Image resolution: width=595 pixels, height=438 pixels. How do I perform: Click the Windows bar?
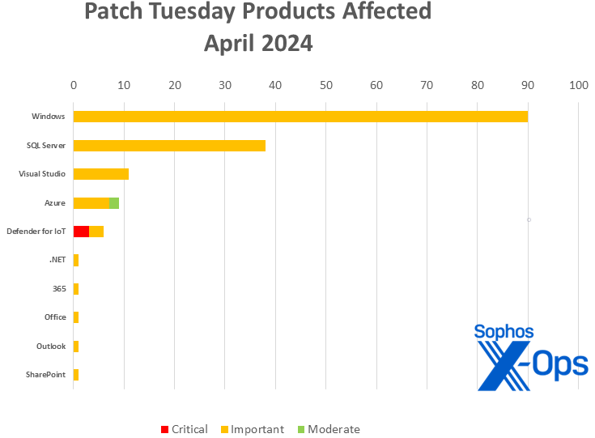[x=300, y=117]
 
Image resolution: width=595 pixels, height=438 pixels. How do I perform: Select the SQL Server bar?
[x=169, y=146]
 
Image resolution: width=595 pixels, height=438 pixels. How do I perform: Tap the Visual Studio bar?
[x=101, y=174]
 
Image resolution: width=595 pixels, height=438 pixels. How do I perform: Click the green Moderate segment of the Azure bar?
[x=114, y=203]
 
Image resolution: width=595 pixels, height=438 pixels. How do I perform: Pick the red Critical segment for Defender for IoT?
[x=81, y=232]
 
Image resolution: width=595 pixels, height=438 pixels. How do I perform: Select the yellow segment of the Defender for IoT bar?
[x=96, y=232]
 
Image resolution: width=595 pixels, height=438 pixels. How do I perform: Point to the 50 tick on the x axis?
[x=325, y=84]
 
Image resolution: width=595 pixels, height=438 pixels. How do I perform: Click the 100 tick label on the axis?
[x=578, y=84]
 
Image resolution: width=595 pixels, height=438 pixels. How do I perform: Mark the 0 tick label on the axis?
[x=74, y=84]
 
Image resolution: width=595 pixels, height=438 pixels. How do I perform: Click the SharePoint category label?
[x=45, y=375]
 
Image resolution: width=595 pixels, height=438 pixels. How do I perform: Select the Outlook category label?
[x=51, y=347]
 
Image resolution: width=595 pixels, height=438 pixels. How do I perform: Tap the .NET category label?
[x=57, y=260]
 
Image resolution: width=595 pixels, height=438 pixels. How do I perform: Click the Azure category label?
[x=55, y=202]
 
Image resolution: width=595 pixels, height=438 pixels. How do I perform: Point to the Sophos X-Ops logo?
[x=530, y=356]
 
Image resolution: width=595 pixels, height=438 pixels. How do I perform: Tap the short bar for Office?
[x=76, y=317]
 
